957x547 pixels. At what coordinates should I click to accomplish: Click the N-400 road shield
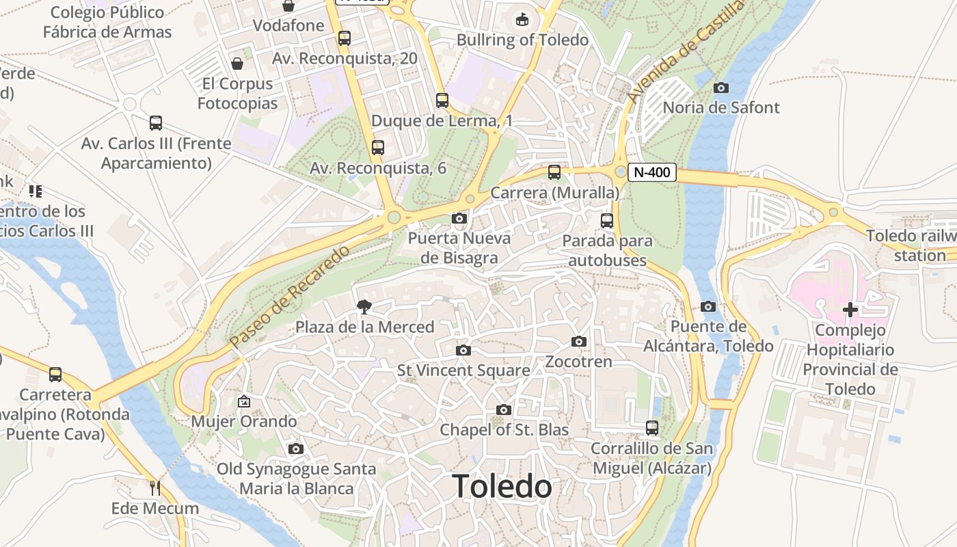(x=651, y=172)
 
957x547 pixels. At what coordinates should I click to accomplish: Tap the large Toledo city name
(x=502, y=487)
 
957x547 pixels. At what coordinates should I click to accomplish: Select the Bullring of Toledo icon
(x=522, y=19)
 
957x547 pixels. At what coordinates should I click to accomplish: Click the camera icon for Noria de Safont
(x=720, y=88)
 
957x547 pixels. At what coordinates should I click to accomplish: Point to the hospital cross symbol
(x=850, y=310)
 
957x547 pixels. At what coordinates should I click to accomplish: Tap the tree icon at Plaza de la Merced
(x=364, y=307)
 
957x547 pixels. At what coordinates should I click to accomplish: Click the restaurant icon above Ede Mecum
(x=155, y=488)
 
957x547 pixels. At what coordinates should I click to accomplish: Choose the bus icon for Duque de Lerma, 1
(x=442, y=101)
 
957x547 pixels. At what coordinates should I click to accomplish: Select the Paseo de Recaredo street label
(x=290, y=295)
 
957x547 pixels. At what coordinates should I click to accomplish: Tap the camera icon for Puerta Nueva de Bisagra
(x=459, y=219)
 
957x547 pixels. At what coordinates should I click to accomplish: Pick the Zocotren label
(x=578, y=361)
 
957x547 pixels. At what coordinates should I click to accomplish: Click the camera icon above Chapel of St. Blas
(x=504, y=410)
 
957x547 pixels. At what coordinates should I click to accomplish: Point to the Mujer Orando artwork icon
(x=243, y=401)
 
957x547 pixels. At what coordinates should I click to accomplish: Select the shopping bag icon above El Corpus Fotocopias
(x=237, y=64)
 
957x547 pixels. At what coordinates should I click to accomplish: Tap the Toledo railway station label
(x=913, y=245)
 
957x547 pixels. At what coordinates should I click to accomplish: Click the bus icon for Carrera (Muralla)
(x=554, y=172)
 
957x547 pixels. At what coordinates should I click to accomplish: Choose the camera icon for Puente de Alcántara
(x=708, y=306)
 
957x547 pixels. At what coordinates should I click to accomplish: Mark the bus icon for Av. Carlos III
(x=156, y=123)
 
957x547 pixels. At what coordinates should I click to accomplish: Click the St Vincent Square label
(x=463, y=371)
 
